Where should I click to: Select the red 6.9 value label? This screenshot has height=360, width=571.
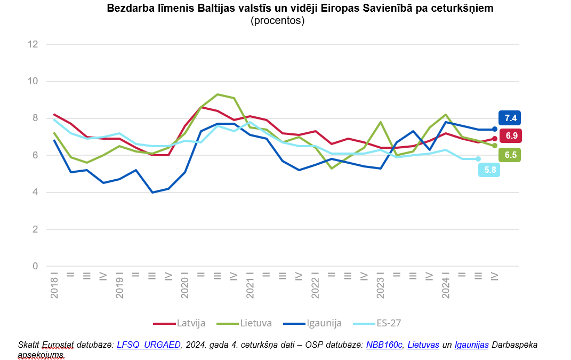click(511, 135)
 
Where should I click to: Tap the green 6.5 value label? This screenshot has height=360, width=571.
click(510, 155)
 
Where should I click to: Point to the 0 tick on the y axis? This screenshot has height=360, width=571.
click(36, 266)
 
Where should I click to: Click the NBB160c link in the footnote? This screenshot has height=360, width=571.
click(384, 345)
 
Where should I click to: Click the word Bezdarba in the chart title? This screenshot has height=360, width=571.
click(128, 9)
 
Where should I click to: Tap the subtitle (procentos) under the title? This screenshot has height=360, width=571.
click(277, 21)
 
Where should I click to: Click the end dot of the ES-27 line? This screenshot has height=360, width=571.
click(478, 159)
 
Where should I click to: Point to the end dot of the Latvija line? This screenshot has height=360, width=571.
click(495, 139)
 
